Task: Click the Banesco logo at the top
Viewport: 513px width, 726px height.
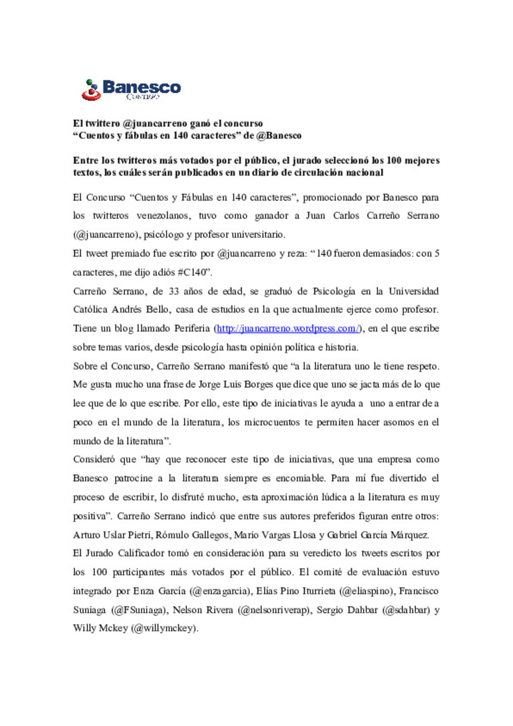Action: (x=131, y=89)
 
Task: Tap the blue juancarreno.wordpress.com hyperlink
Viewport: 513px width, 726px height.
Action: (x=287, y=328)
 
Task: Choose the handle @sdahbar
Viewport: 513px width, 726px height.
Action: (x=406, y=610)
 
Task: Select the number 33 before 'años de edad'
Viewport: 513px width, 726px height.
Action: (x=174, y=291)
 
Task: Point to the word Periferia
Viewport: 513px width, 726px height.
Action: (x=192, y=328)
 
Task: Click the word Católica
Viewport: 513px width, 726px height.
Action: (x=90, y=309)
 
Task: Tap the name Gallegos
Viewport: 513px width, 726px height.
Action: (x=210, y=535)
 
